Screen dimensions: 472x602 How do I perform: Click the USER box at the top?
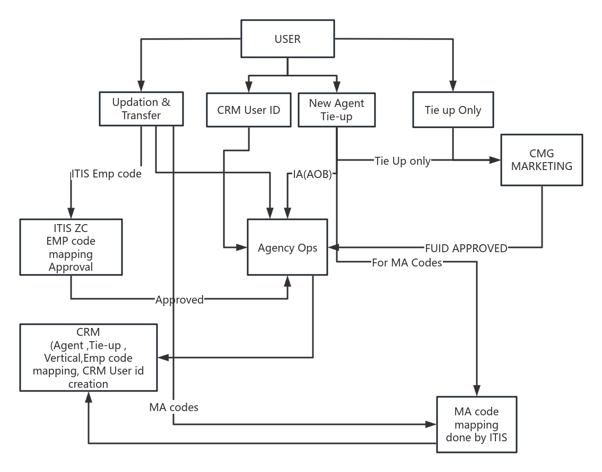tap(287, 39)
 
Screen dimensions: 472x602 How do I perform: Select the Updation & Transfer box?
tap(141, 109)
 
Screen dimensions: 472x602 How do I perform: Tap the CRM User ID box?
tap(248, 110)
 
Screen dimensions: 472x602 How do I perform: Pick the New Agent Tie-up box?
tap(336, 110)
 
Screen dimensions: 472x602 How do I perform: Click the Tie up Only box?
tap(452, 110)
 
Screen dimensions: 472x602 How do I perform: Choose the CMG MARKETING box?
tap(542, 159)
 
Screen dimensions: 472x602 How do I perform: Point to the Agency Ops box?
tap(287, 247)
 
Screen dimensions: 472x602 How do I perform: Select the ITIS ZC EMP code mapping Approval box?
tap(71, 247)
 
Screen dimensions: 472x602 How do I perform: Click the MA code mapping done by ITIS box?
tap(476, 424)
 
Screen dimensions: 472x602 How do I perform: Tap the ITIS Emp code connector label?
tap(106, 174)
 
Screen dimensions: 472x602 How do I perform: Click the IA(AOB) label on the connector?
tap(312, 174)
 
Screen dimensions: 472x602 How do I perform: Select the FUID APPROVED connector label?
tap(466, 248)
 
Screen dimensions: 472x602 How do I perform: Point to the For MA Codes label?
tap(407, 263)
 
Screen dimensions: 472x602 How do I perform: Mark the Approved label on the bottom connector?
tap(179, 300)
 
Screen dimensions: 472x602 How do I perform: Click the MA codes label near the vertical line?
tap(174, 407)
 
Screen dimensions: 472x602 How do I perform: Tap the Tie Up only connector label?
tap(402, 161)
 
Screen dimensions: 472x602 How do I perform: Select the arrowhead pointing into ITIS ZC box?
tap(71, 213)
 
